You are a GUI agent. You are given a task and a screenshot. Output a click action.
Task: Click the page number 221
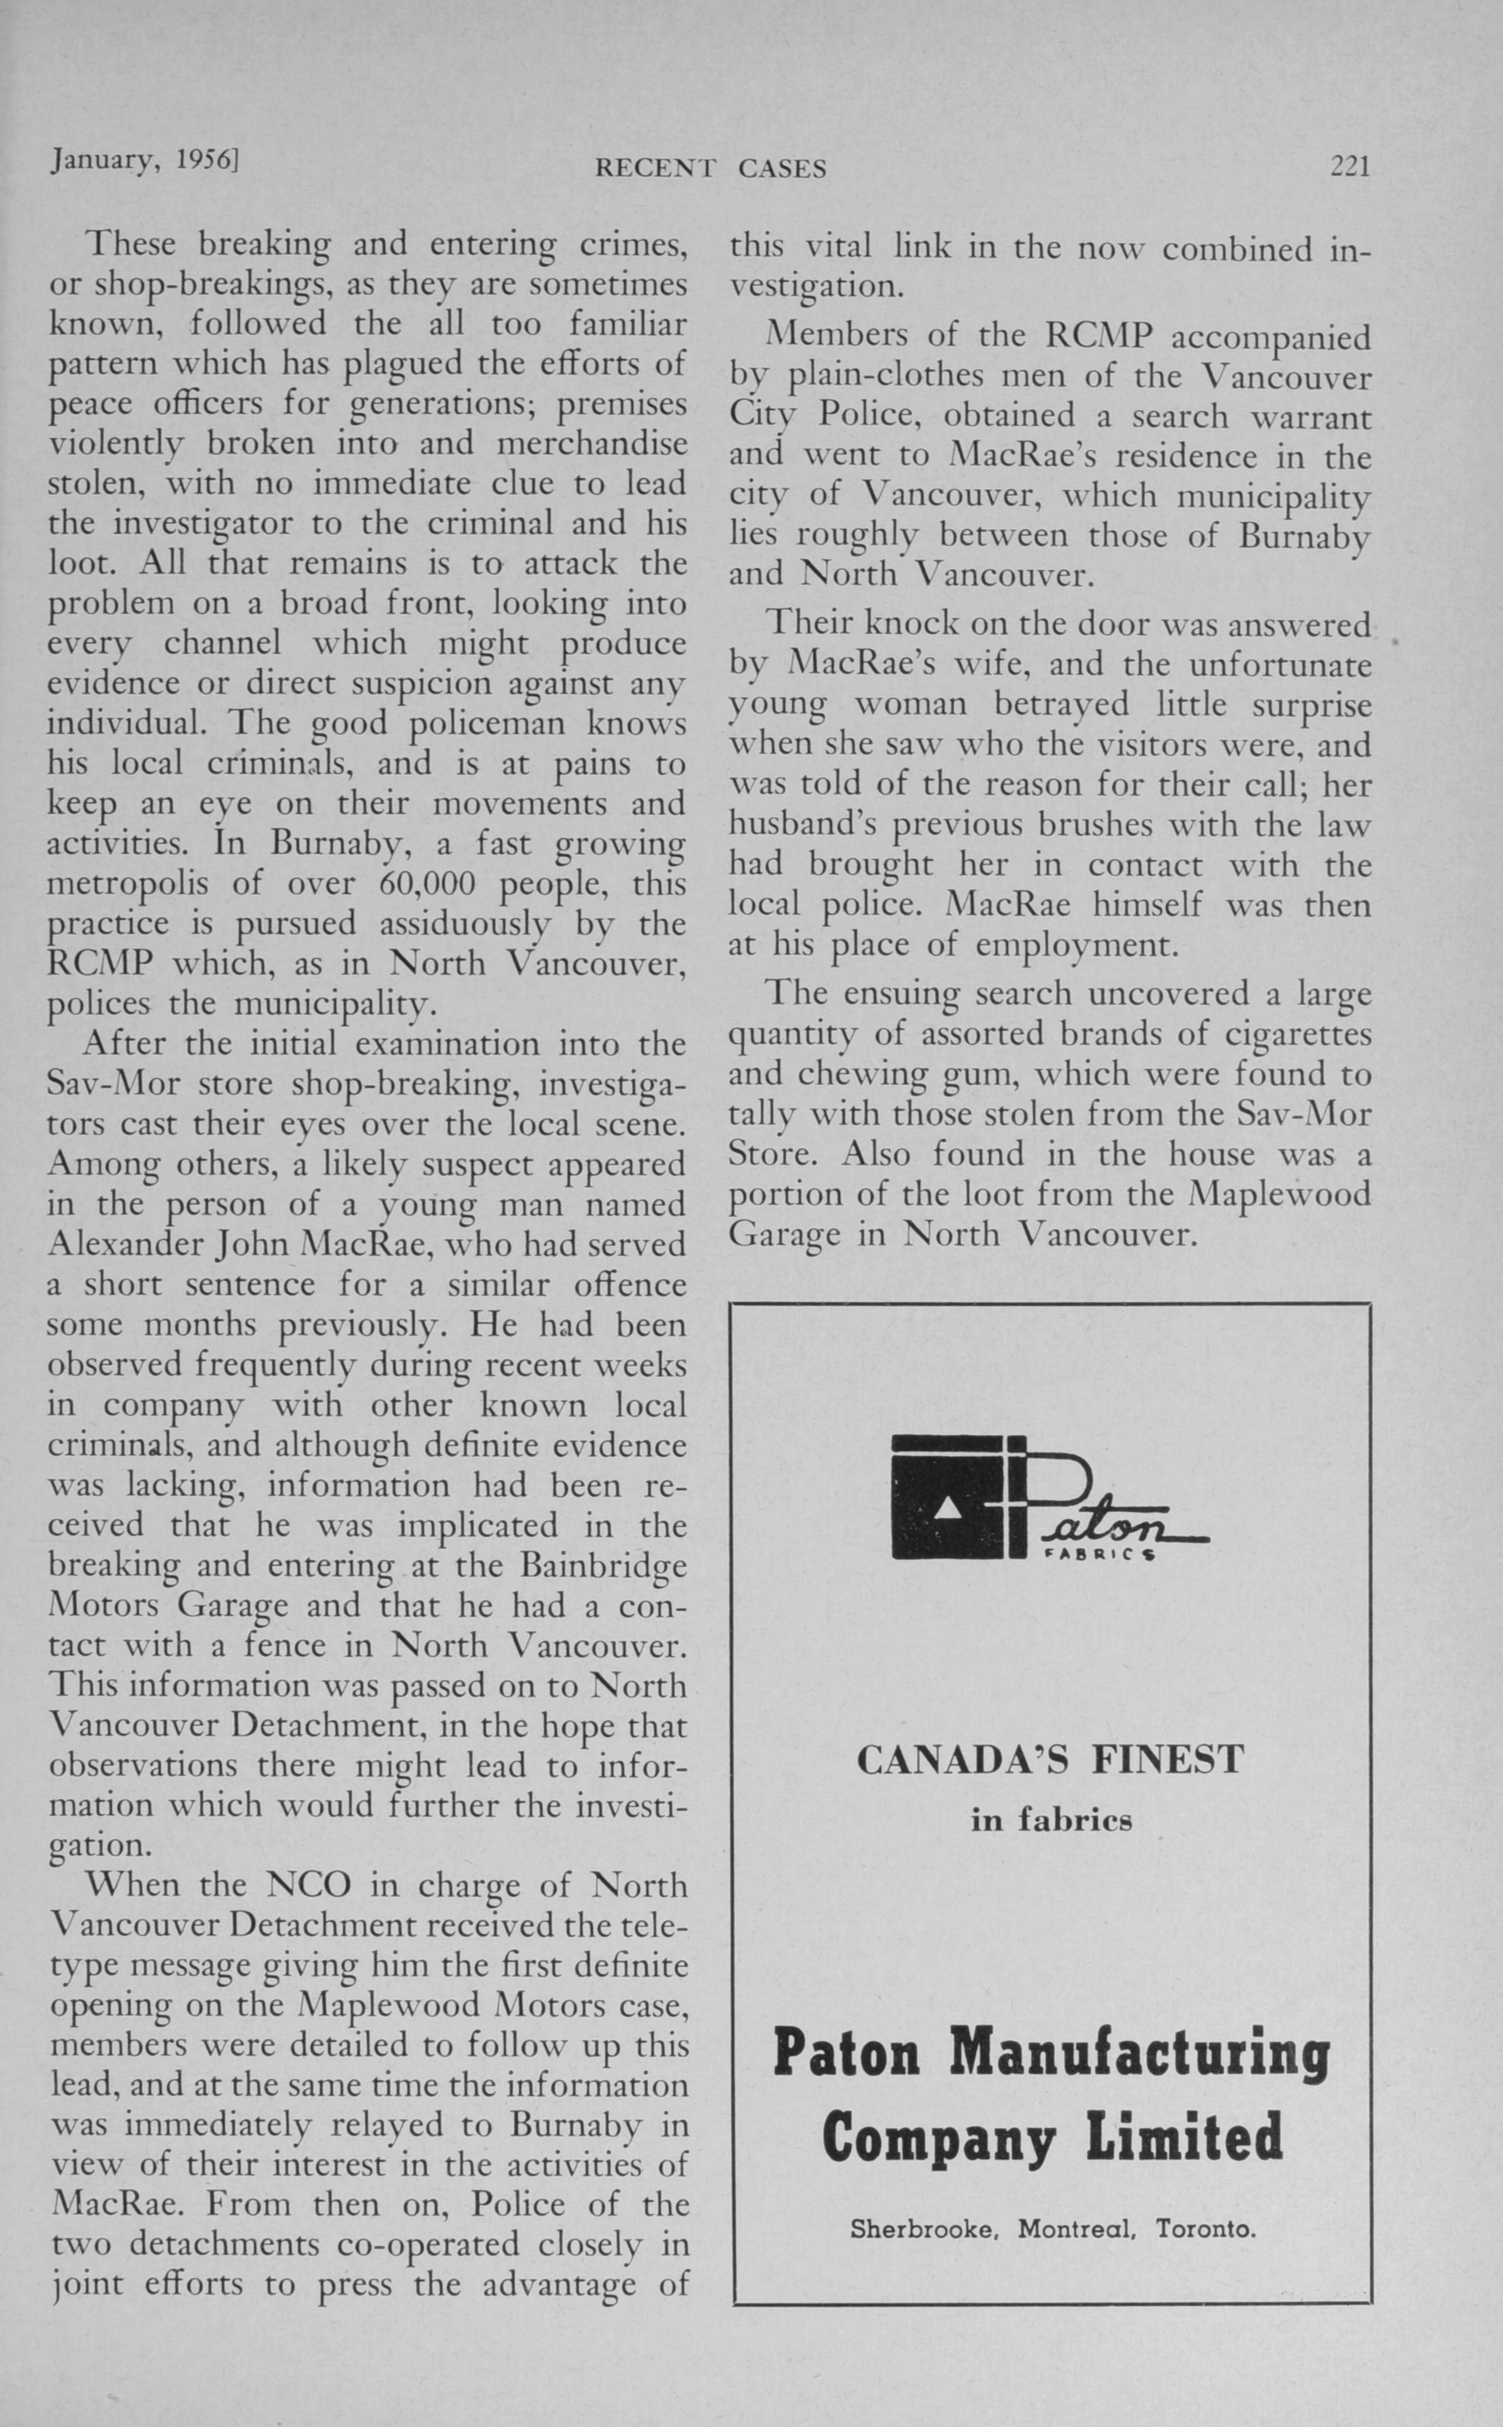[1350, 167]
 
